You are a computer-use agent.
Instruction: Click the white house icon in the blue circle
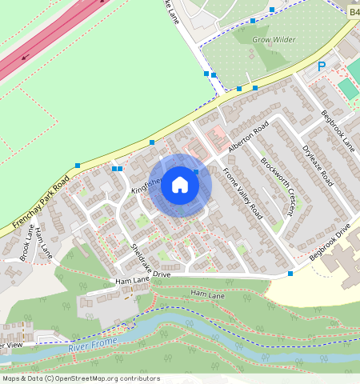180,185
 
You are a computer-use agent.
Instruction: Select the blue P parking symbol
322,68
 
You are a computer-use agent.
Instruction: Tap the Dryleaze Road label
317,165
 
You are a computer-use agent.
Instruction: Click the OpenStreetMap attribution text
80,378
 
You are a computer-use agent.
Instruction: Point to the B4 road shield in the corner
354,13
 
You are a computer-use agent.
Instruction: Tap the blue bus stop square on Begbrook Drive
290,274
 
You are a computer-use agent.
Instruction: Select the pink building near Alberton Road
216,141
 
